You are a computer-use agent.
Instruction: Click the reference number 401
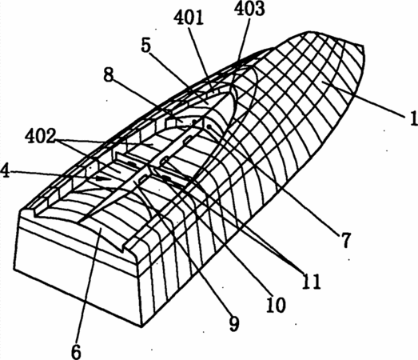(x=189, y=18)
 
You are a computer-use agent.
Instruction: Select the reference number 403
(x=249, y=8)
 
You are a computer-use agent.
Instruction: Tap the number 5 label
(x=146, y=46)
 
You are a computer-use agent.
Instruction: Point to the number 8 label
(x=109, y=75)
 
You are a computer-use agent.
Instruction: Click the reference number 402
(x=40, y=136)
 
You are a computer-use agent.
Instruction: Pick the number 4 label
(x=6, y=170)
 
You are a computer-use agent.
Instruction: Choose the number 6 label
(x=76, y=351)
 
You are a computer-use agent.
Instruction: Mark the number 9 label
(x=234, y=324)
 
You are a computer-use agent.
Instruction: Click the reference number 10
(x=276, y=305)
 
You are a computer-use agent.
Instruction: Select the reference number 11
(x=311, y=282)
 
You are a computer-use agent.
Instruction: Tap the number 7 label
(x=345, y=240)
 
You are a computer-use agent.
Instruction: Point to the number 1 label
(x=413, y=118)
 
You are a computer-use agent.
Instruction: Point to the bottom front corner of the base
(x=141, y=326)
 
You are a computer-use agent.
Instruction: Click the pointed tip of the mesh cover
(x=363, y=46)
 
